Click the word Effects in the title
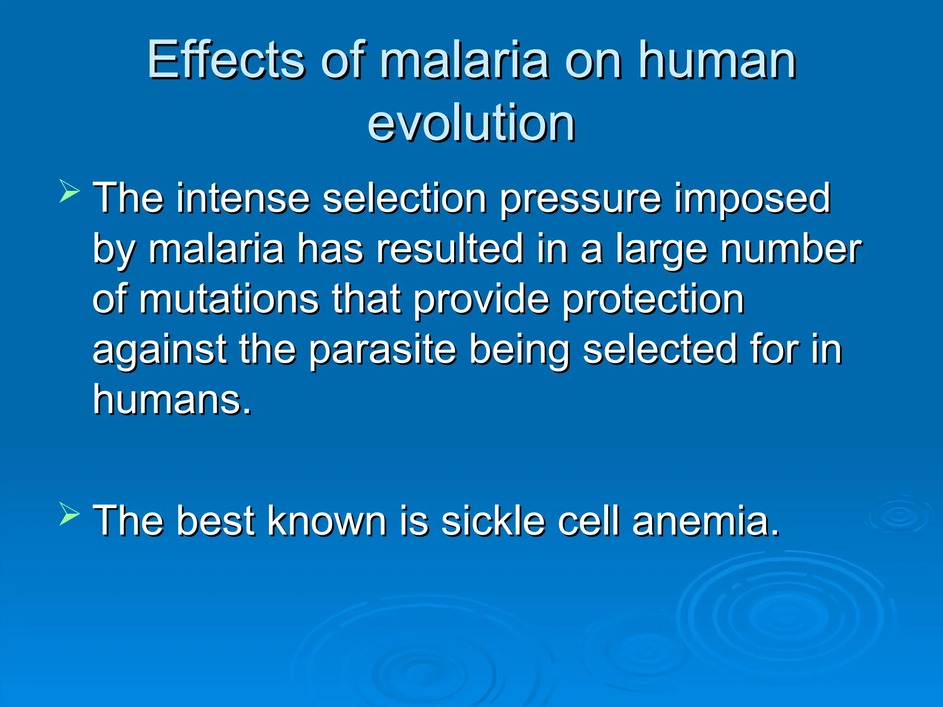226,61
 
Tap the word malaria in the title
464,61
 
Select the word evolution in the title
471,123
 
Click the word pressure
581,199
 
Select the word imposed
752,199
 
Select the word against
159,351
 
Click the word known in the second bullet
327,521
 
